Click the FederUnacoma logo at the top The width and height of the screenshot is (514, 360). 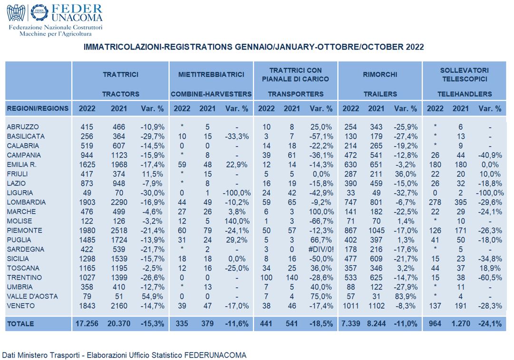pyautogui.click(x=55, y=20)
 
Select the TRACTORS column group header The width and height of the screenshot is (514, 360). pyautogui.click(x=121, y=94)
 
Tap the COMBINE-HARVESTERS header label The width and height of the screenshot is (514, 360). pyautogui.click(x=211, y=94)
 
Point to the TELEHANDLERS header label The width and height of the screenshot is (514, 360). pyautogui.click(x=465, y=94)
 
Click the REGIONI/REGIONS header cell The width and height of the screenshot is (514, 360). pyautogui.click(x=38, y=108)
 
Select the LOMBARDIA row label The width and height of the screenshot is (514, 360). pyautogui.click(x=26, y=202)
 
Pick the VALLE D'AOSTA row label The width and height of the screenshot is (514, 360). pyautogui.click(x=32, y=296)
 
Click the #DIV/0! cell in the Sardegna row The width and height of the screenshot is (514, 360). pyautogui.click(x=321, y=250)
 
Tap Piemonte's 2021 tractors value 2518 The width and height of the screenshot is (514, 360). pyautogui.click(x=119, y=231)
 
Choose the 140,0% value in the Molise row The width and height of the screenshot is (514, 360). pyautogui.click(x=237, y=221)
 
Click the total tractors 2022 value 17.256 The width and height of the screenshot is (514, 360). pyautogui.click(x=87, y=323)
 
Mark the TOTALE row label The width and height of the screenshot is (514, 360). pyautogui.click(x=20, y=324)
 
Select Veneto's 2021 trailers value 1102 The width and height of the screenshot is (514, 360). pyautogui.click(x=376, y=306)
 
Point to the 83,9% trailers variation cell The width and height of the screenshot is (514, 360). pyautogui.click(x=405, y=296)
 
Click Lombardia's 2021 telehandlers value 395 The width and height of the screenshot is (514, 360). pyautogui.click(x=461, y=202)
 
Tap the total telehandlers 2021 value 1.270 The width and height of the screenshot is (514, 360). pyautogui.click(x=461, y=323)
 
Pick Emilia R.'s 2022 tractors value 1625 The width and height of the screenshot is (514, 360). pyautogui.click(x=87, y=165)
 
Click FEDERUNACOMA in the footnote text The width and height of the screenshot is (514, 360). pyautogui.click(x=215, y=355)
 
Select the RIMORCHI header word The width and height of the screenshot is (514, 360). pyautogui.click(x=380, y=75)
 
